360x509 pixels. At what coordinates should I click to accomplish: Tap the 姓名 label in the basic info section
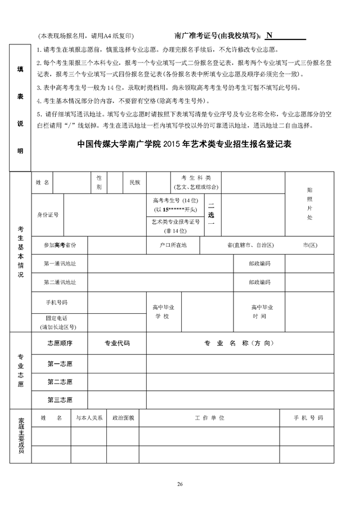click(43, 183)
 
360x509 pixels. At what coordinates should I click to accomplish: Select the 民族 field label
click(135, 183)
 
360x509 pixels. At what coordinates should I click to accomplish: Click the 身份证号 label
click(48, 214)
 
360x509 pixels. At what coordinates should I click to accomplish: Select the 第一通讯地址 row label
click(60, 263)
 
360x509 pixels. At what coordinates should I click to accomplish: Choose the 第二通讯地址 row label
click(60, 282)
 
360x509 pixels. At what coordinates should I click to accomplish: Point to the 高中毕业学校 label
click(164, 312)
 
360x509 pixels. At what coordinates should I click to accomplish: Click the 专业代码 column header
click(117, 343)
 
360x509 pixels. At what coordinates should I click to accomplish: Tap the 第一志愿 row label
click(60, 363)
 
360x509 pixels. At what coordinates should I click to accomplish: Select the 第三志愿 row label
click(60, 400)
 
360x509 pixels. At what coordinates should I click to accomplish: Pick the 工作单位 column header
click(210, 418)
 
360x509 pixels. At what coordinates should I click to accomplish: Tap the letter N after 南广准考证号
click(269, 35)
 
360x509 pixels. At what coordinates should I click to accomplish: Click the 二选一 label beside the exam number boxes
click(211, 214)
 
